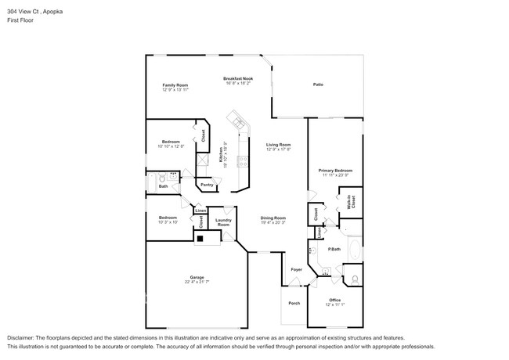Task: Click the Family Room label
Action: pyautogui.click(x=175, y=85)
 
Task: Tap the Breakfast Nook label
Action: pyautogui.click(x=237, y=78)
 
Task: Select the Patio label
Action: pyautogui.click(x=318, y=85)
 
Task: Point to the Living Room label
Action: pyautogui.click(x=278, y=144)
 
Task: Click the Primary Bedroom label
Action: pyautogui.click(x=335, y=170)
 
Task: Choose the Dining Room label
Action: pyautogui.click(x=273, y=218)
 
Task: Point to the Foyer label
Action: pyautogui.click(x=296, y=270)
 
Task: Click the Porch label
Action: pyautogui.click(x=294, y=304)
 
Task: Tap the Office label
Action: pyautogui.click(x=334, y=299)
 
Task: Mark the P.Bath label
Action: pyautogui.click(x=334, y=249)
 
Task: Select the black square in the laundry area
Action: pyautogui.click(x=200, y=239)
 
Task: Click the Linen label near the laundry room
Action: pyautogui.click(x=200, y=211)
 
